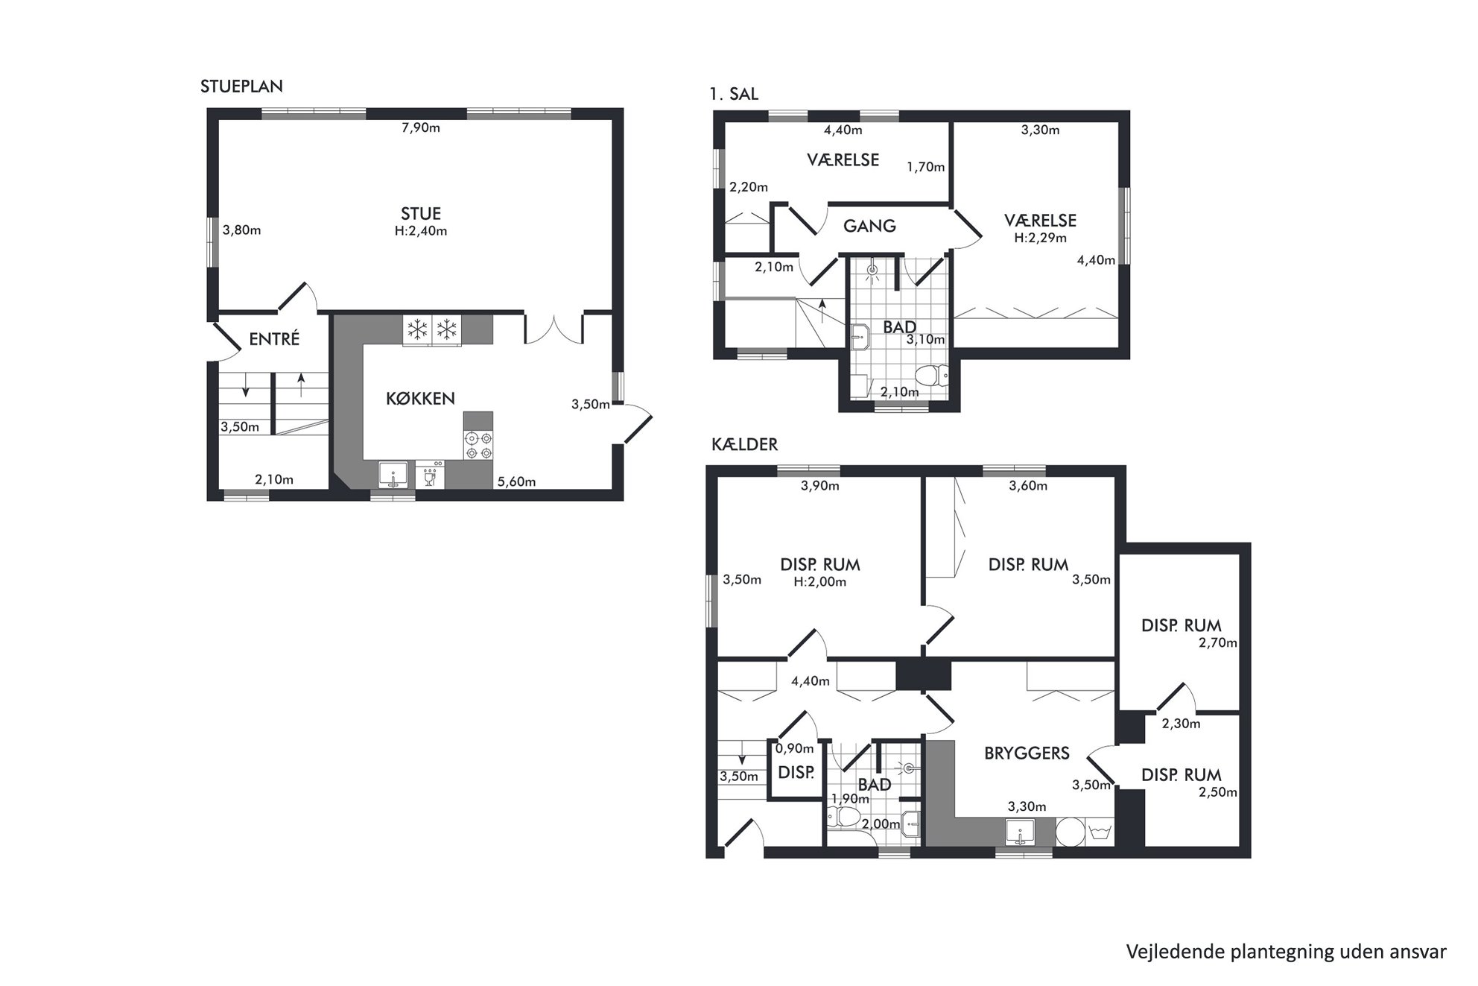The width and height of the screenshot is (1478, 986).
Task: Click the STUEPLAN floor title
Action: [x=241, y=86]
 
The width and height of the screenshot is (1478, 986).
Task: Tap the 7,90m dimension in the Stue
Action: [x=421, y=128]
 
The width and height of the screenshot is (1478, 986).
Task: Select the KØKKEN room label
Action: [x=420, y=399]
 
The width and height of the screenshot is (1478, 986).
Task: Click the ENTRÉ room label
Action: [x=274, y=339]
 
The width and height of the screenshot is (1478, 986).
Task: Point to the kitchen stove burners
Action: [x=478, y=445]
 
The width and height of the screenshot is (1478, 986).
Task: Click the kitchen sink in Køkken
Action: [x=393, y=475]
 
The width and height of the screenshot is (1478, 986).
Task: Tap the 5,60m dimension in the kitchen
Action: [x=517, y=482]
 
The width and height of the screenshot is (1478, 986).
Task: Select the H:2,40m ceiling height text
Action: [x=421, y=231]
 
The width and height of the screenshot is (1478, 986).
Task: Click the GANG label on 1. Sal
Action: [x=869, y=227]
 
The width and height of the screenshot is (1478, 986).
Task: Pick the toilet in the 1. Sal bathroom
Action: [x=931, y=375]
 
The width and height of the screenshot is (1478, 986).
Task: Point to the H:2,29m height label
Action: [x=1040, y=238]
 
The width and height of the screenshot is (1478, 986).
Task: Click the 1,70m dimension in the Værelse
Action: [x=926, y=168]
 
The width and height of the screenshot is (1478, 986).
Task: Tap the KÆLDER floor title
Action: [x=745, y=445]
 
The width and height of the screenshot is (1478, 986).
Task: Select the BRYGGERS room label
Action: [x=1027, y=753]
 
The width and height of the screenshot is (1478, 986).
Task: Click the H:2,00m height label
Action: [x=819, y=582]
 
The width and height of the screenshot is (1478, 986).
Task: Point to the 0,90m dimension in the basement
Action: [x=795, y=749]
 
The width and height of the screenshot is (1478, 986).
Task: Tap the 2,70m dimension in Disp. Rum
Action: [x=1218, y=643]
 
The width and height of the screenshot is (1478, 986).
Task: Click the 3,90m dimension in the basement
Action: [x=819, y=487]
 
